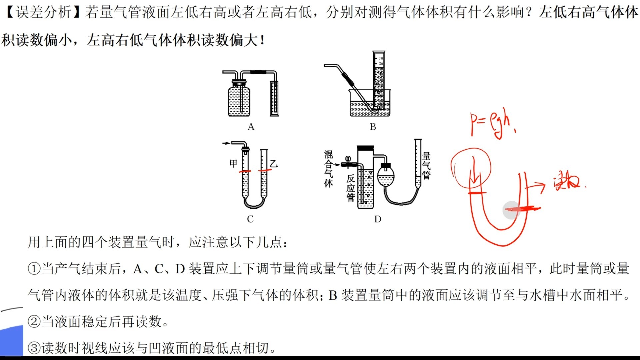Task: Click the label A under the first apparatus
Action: coord(251,127)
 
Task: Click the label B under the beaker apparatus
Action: coord(373,127)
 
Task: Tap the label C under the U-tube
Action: coord(250,219)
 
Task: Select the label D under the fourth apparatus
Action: coord(378,219)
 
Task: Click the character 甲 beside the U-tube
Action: coord(233,163)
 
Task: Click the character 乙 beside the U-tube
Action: coord(274,164)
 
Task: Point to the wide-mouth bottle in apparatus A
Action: coord(239,100)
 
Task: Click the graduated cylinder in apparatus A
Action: coord(274,98)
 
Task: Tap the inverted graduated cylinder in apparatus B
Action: coord(379,80)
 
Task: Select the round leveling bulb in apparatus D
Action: coord(386,177)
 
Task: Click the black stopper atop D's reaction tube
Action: coord(366,148)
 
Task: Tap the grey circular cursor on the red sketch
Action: coord(511,210)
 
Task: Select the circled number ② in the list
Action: coord(34,322)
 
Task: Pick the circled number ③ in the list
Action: coord(34,348)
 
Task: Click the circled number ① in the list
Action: coord(34,269)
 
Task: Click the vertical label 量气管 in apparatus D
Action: coord(426,166)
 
